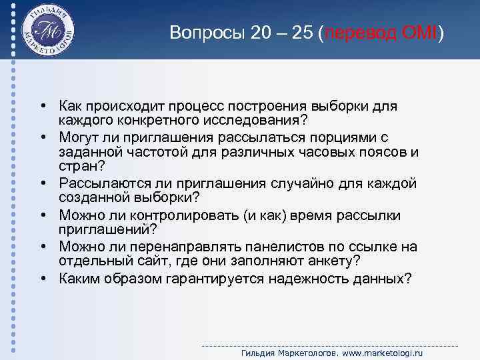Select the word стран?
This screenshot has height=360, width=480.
click(x=79, y=166)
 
